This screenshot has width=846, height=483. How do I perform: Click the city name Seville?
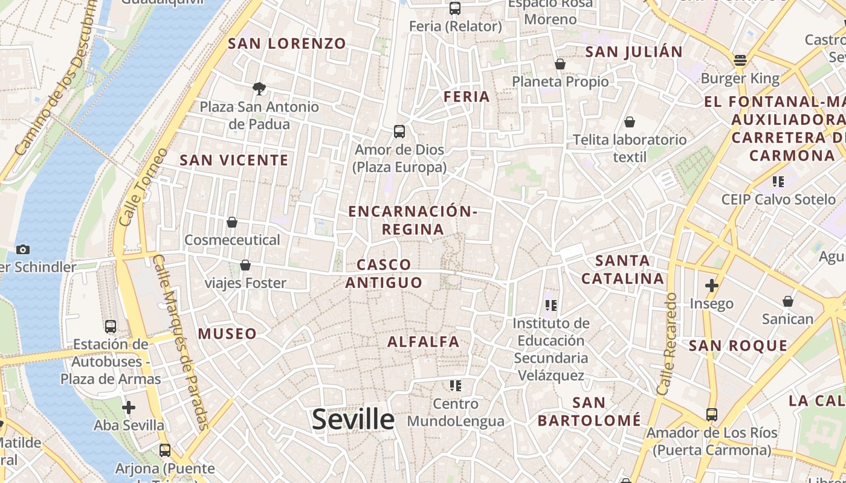(353, 419)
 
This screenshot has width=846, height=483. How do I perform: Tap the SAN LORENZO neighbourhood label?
(287, 43)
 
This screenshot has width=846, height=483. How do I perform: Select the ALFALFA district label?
(424, 342)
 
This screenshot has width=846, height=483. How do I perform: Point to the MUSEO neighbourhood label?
(227, 333)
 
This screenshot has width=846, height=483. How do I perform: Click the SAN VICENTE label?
(234, 160)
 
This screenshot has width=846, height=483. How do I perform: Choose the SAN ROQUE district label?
(738, 346)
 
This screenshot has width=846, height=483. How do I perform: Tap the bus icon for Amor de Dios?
(399, 131)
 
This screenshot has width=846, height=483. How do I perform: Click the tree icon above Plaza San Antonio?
(259, 89)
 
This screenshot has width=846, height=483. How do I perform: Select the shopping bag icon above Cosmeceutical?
(232, 222)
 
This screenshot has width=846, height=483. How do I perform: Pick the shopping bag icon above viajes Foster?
(245, 265)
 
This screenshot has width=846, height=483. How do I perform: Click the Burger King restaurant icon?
(740, 60)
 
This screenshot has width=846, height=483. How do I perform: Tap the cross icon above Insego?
(712, 285)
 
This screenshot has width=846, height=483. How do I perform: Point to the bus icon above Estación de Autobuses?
(111, 326)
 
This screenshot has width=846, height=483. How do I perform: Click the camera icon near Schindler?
(23, 249)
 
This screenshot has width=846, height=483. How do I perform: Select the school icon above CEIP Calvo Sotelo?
(778, 181)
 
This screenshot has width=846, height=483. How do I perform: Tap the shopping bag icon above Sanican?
(788, 301)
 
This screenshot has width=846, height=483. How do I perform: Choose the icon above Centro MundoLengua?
(456, 385)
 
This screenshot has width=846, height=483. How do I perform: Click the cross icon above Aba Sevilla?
(129, 408)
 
